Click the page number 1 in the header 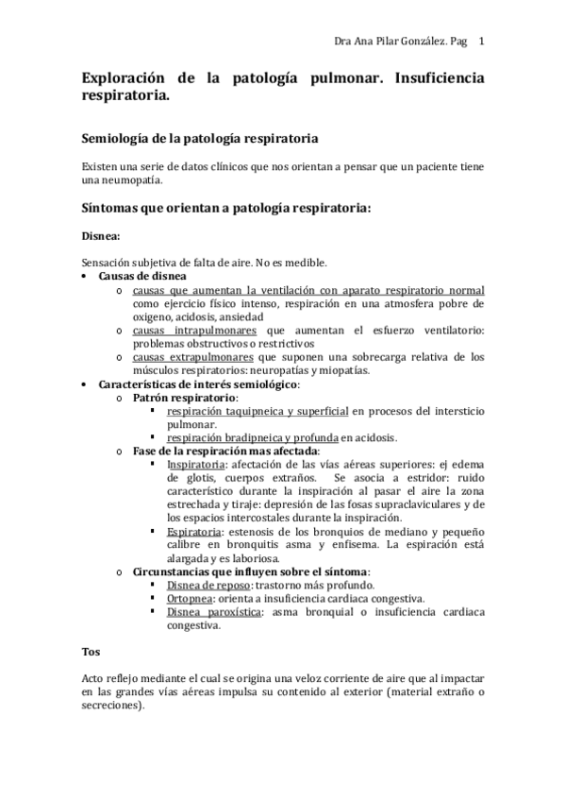(x=482, y=41)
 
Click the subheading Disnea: (x=101, y=236)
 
